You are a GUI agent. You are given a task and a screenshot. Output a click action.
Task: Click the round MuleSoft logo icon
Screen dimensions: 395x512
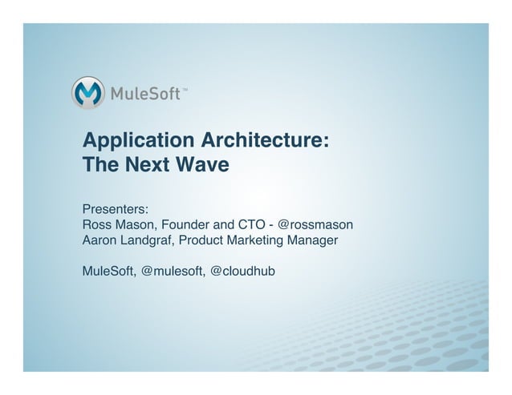pyautogui.click(x=89, y=93)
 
